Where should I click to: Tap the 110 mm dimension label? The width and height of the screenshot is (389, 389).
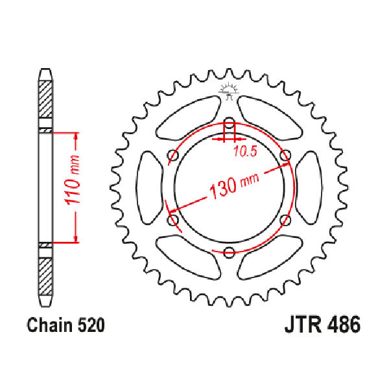[73, 180]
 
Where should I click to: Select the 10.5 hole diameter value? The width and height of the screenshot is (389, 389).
[245, 151]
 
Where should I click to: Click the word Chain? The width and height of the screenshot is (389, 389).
[50, 325]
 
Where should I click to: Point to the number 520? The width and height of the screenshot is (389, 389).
[91, 325]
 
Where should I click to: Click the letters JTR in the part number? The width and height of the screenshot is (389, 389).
[303, 325]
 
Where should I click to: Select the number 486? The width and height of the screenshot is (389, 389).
[344, 325]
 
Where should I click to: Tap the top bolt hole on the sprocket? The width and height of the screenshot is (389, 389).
[229, 123]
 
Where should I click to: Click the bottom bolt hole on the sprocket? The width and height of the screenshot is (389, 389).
[229, 252]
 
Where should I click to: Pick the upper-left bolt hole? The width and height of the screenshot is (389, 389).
[173, 156]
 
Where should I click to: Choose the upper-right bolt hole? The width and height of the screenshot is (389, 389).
[285, 156]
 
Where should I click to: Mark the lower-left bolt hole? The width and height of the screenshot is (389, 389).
[173, 220]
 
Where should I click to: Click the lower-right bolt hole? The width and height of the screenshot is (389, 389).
[285, 220]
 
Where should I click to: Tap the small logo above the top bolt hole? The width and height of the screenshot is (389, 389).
[228, 91]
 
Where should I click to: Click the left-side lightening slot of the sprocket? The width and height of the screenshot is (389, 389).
[149, 187]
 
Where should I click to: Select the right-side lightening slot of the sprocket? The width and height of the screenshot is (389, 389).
[309, 187]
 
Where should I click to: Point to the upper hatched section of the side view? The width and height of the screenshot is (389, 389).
[45, 99]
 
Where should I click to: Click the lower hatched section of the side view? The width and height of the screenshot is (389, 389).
[45, 276]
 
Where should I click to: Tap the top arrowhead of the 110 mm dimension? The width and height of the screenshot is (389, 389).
[77, 136]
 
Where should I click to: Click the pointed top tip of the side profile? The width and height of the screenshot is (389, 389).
[45, 69]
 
